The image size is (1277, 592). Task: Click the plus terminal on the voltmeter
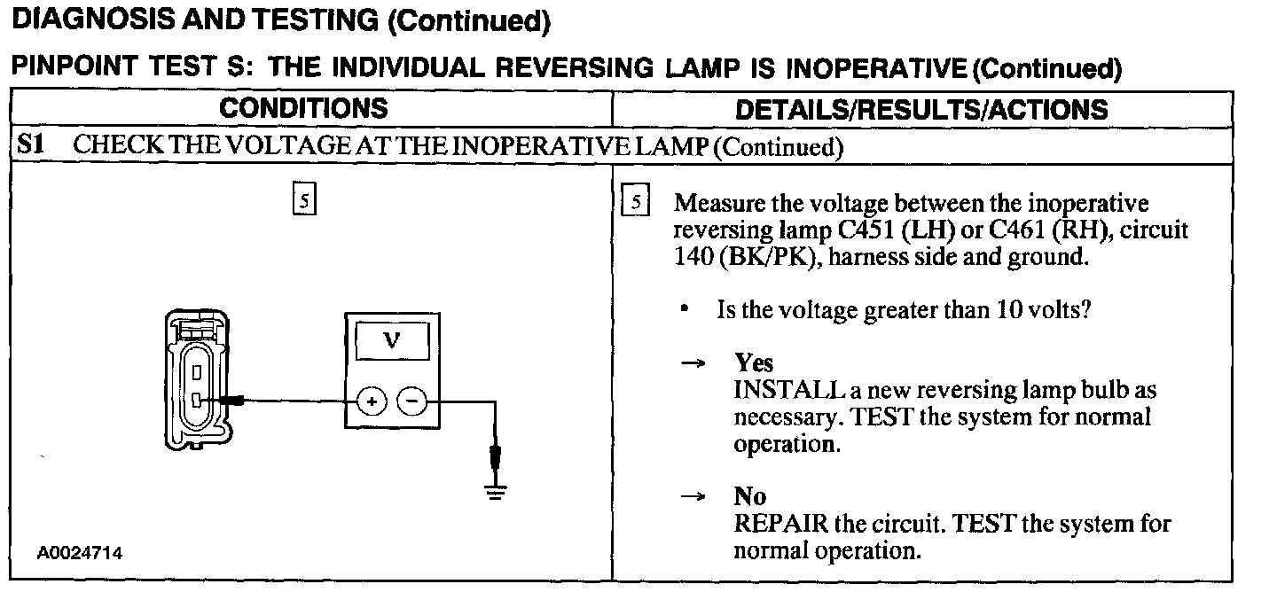pyautogui.click(x=372, y=402)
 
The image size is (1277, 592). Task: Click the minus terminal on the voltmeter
pyautogui.click(x=411, y=402)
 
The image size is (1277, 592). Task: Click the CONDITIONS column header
pyautogui.click(x=304, y=109)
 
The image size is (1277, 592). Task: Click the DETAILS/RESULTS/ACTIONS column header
pyautogui.click(x=922, y=110)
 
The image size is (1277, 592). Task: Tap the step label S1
pyautogui.click(x=32, y=145)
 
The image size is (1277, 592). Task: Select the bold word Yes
pyautogui.click(x=754, y=363)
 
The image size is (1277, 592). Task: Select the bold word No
pyautogui.click(x=750, y=496)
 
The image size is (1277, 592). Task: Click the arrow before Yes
pyautogui.click(x=693, y=364)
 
